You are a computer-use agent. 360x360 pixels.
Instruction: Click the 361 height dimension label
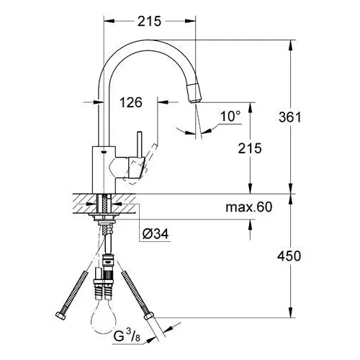pyautogui.click(x=289, y=117)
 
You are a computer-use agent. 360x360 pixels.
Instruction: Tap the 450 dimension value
pyautogui.click(x=289, y=256)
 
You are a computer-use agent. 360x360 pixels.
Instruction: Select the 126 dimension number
pyautogui.click(x=131, y=102)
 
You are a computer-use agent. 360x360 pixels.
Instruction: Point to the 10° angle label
pyautogui.click(x=230, y=116)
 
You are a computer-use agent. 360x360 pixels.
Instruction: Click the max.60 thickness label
pyautogui.click(x=249, y=207)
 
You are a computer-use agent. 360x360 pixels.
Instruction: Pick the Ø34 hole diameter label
pyautogui.click(x=156, y=233)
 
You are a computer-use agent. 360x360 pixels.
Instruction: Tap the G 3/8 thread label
pyautogui.click(x=127, y=336)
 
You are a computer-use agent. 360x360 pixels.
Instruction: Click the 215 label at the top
pyautogui.click(x=149, y=22)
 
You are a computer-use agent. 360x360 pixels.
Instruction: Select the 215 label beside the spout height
pyautogui.click(x=250, y=148)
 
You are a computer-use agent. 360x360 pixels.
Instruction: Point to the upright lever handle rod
pyautogui.click(x=140, y=145)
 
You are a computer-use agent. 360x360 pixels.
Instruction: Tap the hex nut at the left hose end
pyautogui.click(x=60, y=316)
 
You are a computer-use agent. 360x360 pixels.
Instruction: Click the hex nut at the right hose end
pyautogui.click(x=149, y=315)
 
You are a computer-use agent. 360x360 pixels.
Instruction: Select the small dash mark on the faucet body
pyautogui.click(x=104, y=152)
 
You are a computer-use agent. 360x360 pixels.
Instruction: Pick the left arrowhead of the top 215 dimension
pyautogui.click(x=109, y=21)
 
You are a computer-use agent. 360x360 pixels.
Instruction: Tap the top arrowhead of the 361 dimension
pyautogui.click(x=291, y=45)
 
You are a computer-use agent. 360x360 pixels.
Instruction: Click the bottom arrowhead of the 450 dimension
pyautogui.click(x=291, y=312)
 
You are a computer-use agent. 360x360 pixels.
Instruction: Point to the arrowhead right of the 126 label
pyautogui.click(x=163, y=102)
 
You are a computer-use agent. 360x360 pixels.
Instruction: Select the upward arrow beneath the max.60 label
pyautogui.click(x=250, y=225)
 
